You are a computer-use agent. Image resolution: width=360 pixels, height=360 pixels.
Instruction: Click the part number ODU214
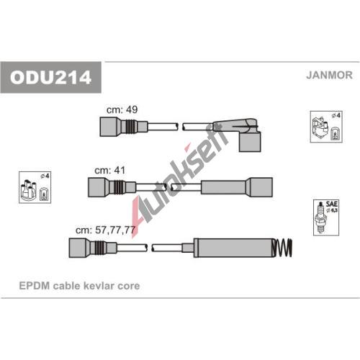[50, 77]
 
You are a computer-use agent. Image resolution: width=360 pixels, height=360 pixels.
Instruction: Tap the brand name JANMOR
[329, 75]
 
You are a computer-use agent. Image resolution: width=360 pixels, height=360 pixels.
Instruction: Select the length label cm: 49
[122, 109]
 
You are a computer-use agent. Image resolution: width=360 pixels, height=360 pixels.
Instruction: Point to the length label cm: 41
[110, 171]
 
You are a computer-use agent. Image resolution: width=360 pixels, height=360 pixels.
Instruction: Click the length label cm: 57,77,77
[105, 230]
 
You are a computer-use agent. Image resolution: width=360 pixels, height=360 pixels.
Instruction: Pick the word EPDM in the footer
[35, 286]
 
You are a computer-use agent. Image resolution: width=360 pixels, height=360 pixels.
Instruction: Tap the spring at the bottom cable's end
[282, 248]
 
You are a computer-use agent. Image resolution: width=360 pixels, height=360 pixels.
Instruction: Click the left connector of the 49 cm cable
[124, 127]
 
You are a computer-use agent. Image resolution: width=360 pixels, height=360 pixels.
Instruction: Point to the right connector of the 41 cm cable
[237, 187]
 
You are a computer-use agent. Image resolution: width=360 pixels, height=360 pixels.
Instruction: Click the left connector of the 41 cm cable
[112, 187]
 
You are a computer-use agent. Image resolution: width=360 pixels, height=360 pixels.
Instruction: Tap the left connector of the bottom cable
[93, 248]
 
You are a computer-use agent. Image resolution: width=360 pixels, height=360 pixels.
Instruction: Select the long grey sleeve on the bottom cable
[233, 248]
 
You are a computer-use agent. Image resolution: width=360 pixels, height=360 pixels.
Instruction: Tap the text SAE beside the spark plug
[332, 204]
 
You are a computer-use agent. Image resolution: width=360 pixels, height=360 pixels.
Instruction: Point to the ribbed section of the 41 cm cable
[118, 187]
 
